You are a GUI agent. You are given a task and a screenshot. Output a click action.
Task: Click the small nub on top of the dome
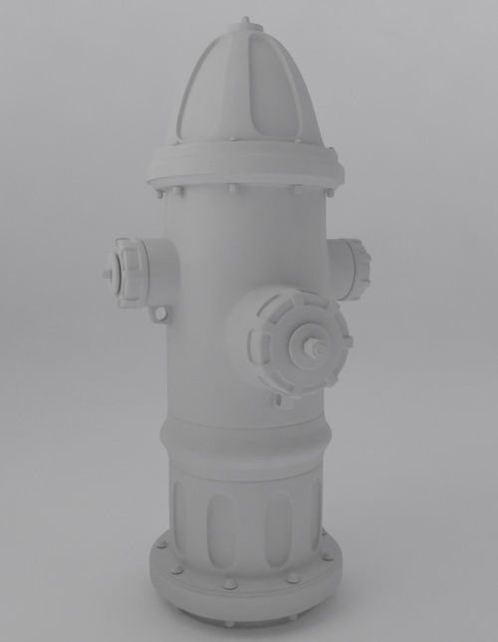point(246,20)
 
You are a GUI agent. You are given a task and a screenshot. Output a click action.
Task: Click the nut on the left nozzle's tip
point(107,273)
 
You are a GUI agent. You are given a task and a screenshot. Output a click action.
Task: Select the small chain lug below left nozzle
point(160,315)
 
